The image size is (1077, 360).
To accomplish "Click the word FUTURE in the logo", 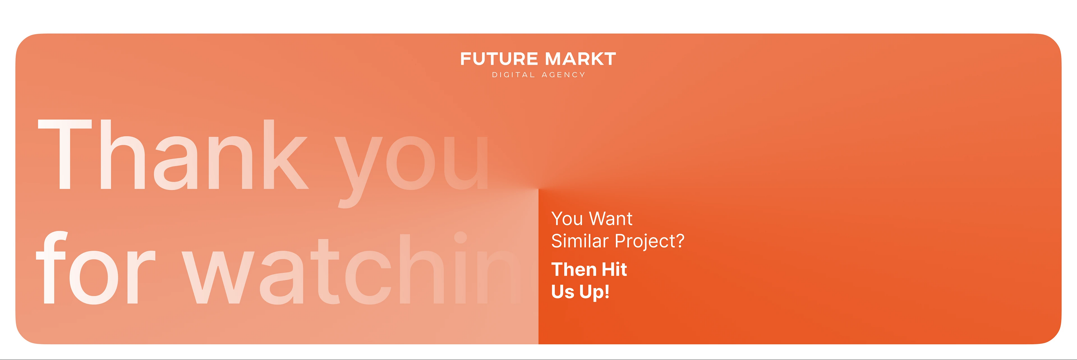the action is point(499,59).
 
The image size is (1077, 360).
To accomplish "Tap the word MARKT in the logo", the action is point(581,59).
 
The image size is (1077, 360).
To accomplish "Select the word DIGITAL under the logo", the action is point(513,75).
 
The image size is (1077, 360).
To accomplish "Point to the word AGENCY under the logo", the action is point(563,75).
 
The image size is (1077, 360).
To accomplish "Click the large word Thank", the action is point(174,154).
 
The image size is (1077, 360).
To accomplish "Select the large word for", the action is point(96,267).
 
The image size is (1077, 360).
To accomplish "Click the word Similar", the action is point(580,241).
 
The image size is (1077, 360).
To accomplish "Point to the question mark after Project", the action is point(680,241).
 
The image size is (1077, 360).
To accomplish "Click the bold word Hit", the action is point(614,269).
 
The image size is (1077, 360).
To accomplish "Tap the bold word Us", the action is point(563,291).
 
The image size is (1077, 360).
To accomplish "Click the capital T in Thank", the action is point(65,154).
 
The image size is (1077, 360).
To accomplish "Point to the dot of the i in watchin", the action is point(460,238).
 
